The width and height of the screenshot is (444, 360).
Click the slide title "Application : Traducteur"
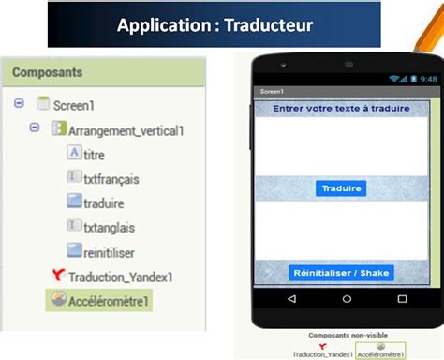pyautogui.click(x=215, y=24)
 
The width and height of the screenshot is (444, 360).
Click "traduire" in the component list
pyautogui.click(x=103, y=202)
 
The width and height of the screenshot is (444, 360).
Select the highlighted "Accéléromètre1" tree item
pyautogui.click(x=109, y=301)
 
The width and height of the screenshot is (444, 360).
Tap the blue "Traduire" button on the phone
pyautogui.click(x=341, y=188)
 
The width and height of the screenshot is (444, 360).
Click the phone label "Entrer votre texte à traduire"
pyautogui.click(x=341, y=109)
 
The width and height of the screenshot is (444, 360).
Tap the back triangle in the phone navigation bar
pyautogui.click(x=292, y=299)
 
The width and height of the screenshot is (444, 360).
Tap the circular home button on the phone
pyautogui.click(x=342, y=299)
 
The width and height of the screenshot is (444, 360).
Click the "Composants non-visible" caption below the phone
pyautogui.click(x=342, y=335)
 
